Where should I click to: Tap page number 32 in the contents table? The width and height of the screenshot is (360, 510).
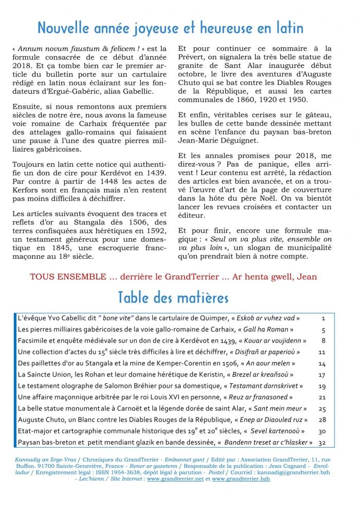(x=322, y=442)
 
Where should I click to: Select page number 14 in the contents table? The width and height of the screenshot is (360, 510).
(x=322, y=363)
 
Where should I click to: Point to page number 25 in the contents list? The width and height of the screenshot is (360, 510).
(x=322, y=409)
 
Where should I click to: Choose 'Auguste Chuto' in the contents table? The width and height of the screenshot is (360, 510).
(x=40, y=420)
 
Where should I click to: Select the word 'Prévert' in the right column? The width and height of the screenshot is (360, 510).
(x=192, y=57)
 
